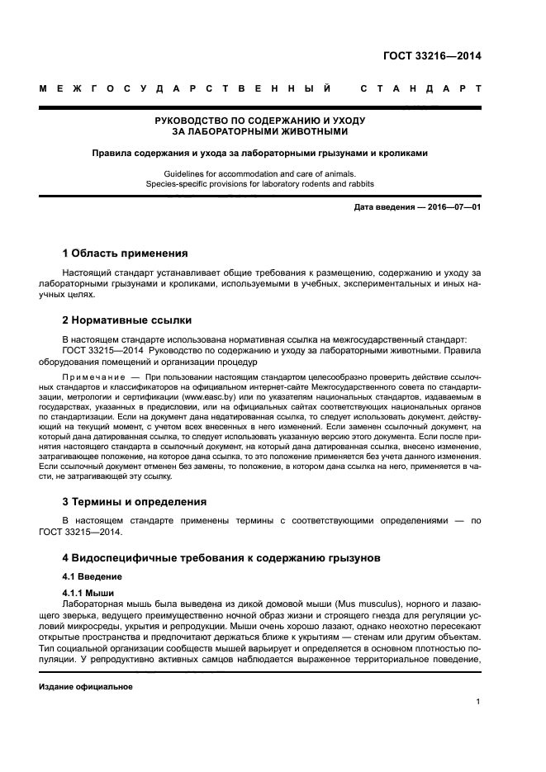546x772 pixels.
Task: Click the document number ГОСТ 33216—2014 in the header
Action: coord(432,57)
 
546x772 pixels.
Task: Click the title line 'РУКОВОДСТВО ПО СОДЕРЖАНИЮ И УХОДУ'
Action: coord(260,121)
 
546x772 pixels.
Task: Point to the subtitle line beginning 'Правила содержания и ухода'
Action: coord(260,153)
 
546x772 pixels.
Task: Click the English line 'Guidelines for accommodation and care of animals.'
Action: coord(260,173)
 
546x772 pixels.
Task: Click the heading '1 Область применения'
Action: coord(126,253)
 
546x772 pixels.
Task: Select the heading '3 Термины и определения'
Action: coord(135,501)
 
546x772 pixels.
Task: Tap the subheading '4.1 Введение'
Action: coord(93,576)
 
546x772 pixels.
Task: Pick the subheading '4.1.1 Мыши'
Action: coord(88,594)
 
